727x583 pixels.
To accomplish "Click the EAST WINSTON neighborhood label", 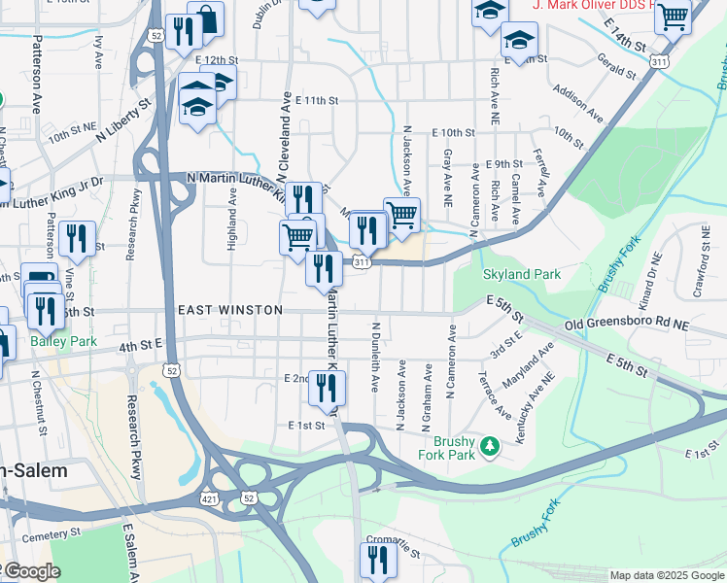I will click(230, 310).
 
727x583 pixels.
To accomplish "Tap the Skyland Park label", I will click(522, 275).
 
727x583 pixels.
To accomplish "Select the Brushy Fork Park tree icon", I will click(491, 446).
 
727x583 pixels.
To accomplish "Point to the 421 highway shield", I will click(209, 497).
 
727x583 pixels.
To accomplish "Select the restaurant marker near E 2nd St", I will click(327, 388).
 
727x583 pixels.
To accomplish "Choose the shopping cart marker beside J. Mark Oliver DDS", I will click(672, 16).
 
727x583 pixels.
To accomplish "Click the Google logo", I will click(33, 572).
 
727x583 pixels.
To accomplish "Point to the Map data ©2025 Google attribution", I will click(665, 575).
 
